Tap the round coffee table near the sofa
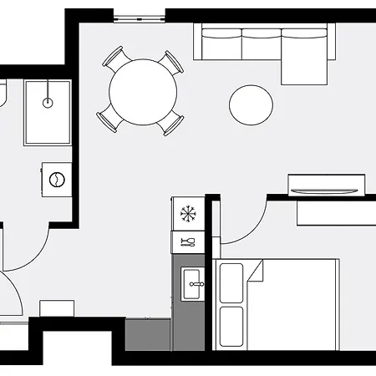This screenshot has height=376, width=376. point(251,104)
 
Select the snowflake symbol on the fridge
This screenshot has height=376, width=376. point(188,213)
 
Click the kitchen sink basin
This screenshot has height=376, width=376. point(194,285)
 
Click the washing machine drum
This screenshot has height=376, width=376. point(57,179)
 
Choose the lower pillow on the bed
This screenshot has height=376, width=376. point(231,325)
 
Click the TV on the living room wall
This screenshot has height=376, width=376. point(327,184)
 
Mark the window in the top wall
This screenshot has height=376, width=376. point(139,15)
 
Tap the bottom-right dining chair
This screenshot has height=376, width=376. point(172,124)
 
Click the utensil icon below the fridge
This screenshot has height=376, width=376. point(188,242)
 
